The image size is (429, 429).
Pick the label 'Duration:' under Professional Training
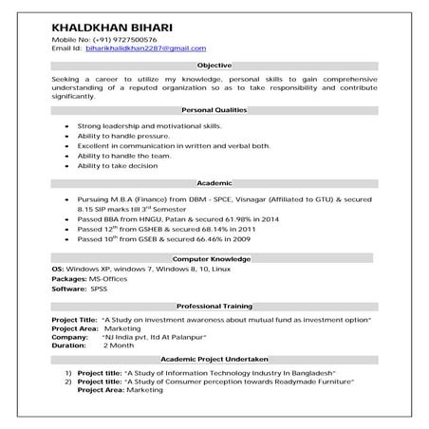(x=69, y=345)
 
